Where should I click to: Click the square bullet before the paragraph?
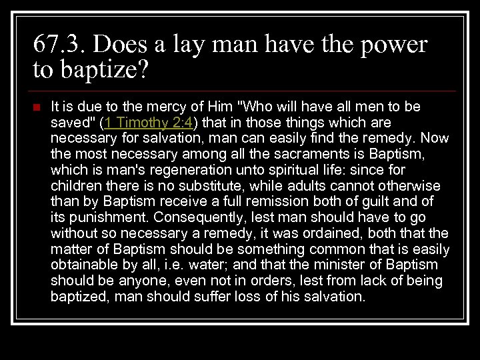click(x=37, y=107)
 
